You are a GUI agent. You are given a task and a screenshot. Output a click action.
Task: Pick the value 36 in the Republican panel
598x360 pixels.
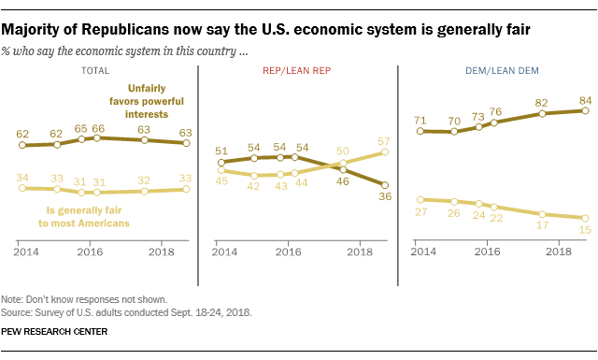[x=384, y=197]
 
